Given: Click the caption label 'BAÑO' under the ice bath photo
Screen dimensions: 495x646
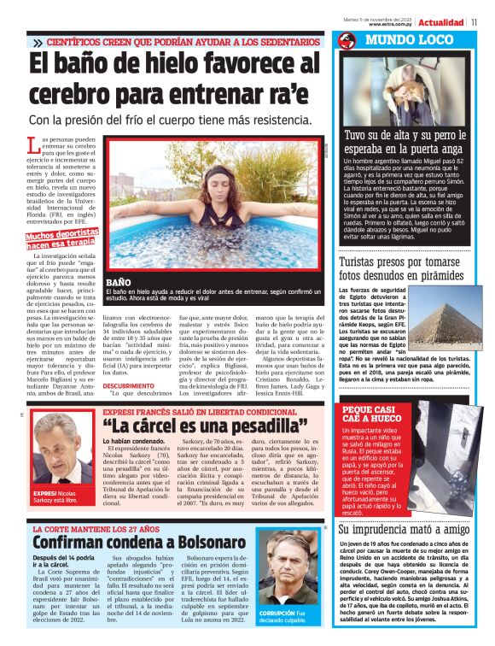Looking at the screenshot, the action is (x=118, y=282).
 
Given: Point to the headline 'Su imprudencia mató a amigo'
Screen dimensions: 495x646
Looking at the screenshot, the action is (x=404, y=530).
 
